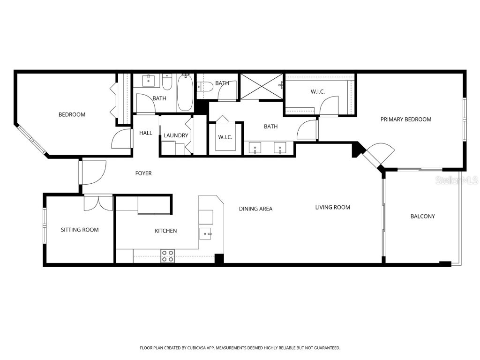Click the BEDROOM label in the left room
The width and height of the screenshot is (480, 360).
tap(72, 114)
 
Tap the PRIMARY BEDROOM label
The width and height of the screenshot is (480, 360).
tap(405, 119)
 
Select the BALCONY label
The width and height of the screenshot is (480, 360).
tap(422, 216)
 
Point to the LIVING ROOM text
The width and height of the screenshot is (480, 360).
tap(332, 207)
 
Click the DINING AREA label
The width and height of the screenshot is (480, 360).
tap(255, 209)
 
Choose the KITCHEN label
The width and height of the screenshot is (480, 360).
tap(166, 231)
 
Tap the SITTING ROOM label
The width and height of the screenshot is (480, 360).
tap(80, 230)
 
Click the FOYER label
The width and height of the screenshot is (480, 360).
tap(143, 173)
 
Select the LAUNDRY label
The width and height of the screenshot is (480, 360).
tap(176, 135)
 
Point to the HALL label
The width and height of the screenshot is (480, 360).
tap(146, 133)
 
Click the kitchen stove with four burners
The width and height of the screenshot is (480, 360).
tap(167, 256)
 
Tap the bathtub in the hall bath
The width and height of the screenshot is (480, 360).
tap(185, 93)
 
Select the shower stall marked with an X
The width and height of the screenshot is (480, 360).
tap(261, 86)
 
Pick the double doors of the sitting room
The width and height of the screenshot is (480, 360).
tap(98, 202)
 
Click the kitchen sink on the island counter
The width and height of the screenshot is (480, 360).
tap(206, 233)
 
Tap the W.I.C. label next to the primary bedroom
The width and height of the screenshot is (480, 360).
tap(318, 92)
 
